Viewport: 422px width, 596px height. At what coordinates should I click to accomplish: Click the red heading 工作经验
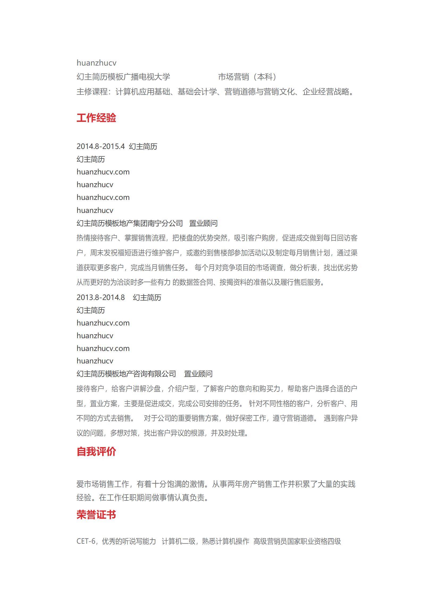tap(96, 118)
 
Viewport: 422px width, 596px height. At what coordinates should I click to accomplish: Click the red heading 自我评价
tap(96, 452)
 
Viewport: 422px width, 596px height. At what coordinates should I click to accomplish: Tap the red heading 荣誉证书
tap(96, 514)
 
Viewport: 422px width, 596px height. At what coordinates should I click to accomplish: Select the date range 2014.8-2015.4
tap(100, 146)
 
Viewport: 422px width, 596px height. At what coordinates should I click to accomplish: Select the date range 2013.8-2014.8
tap(100, 297)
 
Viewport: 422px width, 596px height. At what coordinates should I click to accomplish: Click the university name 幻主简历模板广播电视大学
tap(123, 77)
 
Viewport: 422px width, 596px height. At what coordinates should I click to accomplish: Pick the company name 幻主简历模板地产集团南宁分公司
tap(130, 223)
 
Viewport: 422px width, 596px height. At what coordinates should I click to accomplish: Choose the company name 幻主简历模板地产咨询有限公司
tap(126, 374)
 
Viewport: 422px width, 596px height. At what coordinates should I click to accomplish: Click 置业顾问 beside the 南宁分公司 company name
tap(203, 223)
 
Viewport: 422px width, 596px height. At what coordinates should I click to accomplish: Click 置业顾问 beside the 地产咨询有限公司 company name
tap(198, 374)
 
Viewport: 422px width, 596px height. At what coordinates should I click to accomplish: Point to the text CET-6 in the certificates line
tap(86, 541)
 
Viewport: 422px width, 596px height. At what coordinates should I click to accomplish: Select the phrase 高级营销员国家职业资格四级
tap(297, 541)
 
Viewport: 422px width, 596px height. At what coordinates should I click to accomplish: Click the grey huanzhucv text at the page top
tap(96, 63)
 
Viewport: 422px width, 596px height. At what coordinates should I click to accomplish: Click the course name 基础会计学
tap(197, 92)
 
